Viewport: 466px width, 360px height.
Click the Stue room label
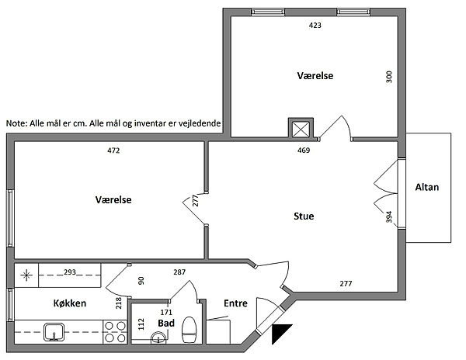(x=304, y=216)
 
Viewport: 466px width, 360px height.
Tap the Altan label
(x=426, y=187)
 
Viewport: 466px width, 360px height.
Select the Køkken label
(x=70, y=303)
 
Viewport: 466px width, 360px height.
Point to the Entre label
(x=235, y=303)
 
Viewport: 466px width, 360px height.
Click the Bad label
(x=166, y=323)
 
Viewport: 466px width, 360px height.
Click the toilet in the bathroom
(x=189, y=330)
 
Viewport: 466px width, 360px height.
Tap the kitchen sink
(x=54, y=332)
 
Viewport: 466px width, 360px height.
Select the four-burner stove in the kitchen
(x=115, y=332)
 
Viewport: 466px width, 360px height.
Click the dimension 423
(x=315, y=26)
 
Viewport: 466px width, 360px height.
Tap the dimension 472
(x=113, y=151)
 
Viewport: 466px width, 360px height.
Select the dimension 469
(x=304, y=151)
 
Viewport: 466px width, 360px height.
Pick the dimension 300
(x=389, y=77)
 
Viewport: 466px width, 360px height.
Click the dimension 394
(x=389, y=217)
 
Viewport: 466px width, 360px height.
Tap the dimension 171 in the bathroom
(x=166, y=312)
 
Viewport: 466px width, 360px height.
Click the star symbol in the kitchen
(x=26, y=275)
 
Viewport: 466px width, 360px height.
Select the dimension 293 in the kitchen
(x=70, y=272)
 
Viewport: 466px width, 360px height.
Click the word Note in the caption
(x=16, y=123)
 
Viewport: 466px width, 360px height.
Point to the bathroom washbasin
(x=158, y=338)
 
